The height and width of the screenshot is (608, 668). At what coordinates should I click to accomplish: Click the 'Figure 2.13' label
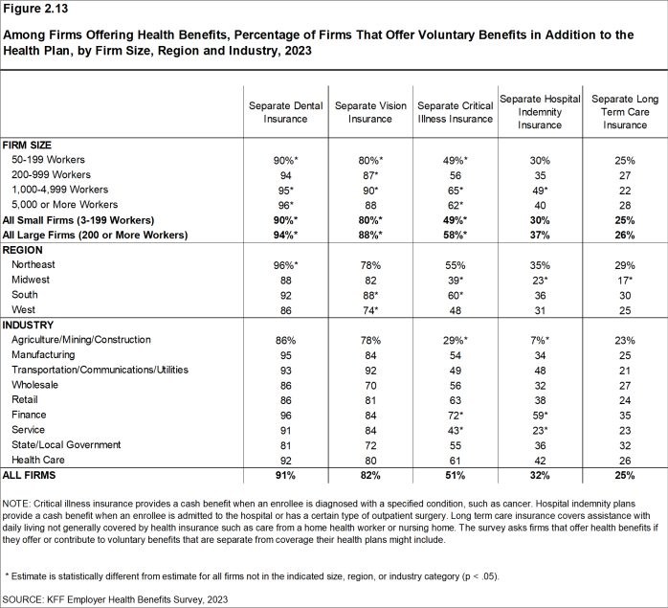[x=40, y=11]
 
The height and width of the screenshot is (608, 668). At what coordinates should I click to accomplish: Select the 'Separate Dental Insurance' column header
[x=285, y=112]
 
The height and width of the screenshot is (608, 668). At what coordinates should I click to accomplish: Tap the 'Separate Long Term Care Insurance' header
[x=625, y=112]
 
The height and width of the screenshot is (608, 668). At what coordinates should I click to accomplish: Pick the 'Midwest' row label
[x=33, y=279]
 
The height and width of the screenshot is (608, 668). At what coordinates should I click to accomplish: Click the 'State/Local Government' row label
[x=66, y=444]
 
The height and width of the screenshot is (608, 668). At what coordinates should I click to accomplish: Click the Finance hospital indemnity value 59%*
[x=542, y=414]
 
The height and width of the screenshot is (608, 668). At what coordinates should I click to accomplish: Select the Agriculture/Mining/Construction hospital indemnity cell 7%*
[x=542, y=340]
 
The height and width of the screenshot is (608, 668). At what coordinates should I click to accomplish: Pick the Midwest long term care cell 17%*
[x=626, y=279]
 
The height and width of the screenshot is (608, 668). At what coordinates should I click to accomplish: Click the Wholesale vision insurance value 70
[x=370, y=384]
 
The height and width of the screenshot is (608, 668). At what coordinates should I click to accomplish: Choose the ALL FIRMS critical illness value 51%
[x=456, y=474]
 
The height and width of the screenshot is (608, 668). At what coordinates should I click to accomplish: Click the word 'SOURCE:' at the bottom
[x=26, y=597]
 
